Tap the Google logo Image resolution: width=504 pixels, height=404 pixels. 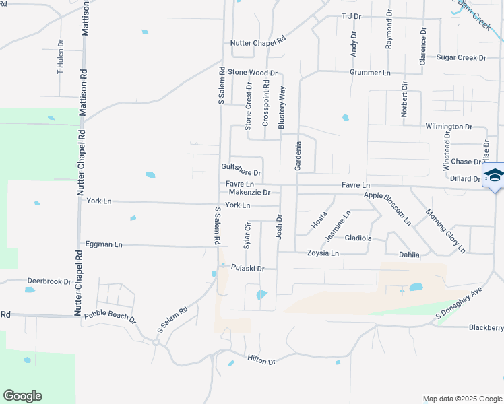point(22,396)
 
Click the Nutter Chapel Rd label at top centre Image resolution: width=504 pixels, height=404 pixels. point(258,42)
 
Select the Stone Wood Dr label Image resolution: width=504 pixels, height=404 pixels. point(252,72)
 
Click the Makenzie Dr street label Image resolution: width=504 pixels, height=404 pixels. point(249,192)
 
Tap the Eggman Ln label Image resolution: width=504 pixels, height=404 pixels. point(104,244)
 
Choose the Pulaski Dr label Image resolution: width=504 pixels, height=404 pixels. point(248,268)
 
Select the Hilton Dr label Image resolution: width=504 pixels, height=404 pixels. point(261,361)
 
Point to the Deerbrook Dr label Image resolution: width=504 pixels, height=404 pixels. point(49,281)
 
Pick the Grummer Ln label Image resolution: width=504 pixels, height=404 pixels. point(370,72)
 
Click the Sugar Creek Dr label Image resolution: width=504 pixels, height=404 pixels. point(461,58)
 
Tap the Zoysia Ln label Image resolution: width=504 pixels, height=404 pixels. point(323,253)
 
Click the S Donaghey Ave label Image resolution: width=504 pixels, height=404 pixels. point(460,303)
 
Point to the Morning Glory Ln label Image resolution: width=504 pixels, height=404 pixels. point(445,231)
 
